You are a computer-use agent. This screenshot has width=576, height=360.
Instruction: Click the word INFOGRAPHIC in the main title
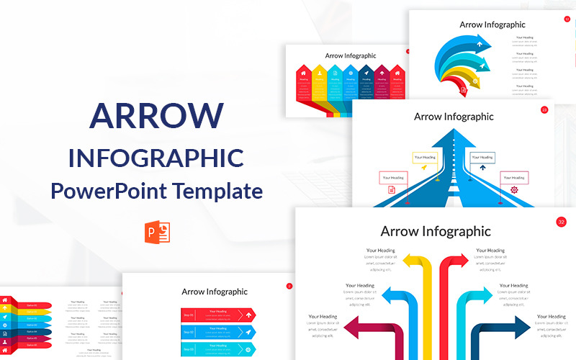click(156, 158)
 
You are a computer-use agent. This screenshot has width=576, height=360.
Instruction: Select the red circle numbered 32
click(561, 222)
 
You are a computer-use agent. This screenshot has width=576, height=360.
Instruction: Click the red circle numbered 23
click(544, 110)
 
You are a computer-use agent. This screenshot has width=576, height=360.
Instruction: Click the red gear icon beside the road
click(514, 190)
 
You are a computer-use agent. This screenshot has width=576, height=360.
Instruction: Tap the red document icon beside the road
click(392, 190)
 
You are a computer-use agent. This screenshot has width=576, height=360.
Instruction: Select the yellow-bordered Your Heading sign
click(424, 156)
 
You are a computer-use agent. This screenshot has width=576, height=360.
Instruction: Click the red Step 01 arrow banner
click(218, 315)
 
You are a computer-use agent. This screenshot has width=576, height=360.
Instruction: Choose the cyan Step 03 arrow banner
click(218, 348)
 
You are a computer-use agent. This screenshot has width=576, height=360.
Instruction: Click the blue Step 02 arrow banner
click(218, 332)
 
